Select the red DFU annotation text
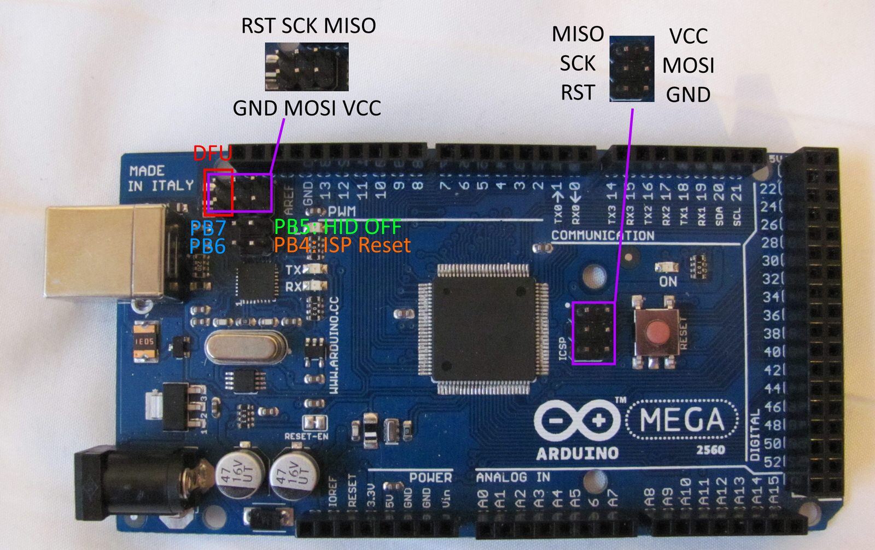click(212, 153)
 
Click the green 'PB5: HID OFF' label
click(337, 226)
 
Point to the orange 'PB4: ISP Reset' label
click(342, 245)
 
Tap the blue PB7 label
click(208, 228)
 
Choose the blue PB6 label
click(208, 246)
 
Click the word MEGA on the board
click(681, 420)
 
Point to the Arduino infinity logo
click(577, 420)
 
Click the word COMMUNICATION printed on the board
click(602, 236)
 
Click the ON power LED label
click(668, 282)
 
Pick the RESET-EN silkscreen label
click(306, 436)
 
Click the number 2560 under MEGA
click(710, 450)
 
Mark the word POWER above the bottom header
click(430, 478)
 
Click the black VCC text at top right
click(688, 36)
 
